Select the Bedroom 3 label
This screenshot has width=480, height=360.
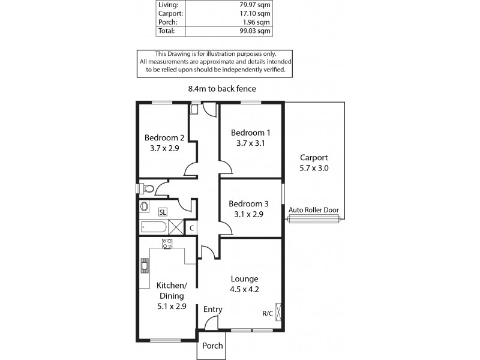(247, 203)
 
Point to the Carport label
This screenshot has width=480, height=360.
(314, 158)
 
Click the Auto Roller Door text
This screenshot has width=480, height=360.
(314, 210)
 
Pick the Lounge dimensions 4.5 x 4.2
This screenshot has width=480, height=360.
(244, 289)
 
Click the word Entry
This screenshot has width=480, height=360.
(213, 310)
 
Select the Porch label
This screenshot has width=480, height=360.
(212, 346)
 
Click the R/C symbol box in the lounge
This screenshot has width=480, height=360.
(277, 313)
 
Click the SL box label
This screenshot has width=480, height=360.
(163, 212)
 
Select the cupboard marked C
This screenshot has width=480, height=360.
(191, 227)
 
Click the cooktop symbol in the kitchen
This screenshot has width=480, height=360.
(167, 243)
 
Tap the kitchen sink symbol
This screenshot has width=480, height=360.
(144, 265)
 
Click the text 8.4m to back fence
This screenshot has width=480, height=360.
(222, 89)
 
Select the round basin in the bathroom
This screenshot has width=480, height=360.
(144, 207)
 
